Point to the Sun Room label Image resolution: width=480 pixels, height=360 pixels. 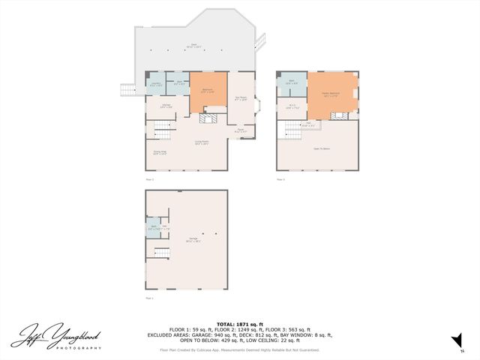click(x=241, y=97)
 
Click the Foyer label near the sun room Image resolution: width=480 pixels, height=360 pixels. click(x=241, y=131)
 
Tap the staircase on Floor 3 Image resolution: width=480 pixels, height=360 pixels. click(x=289, y=133)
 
